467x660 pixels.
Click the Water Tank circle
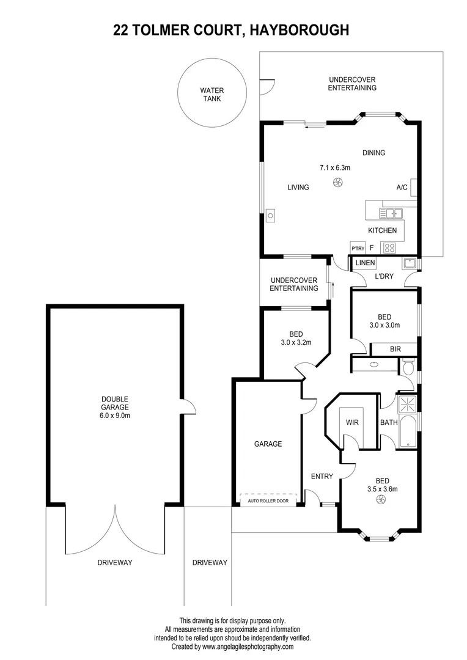pyautogui.click(x=211, y=94)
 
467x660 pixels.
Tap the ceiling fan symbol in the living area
pyautogui.click(x=337, y=182)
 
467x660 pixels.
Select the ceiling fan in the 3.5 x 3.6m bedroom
pyautogui.click(x=381, y=501)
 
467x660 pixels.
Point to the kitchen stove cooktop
pyautogui.click(x=389, y=248)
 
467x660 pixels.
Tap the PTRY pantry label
pyautogui.click(x=358, y=248)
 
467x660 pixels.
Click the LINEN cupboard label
pyautogui.click(x=365, y=263)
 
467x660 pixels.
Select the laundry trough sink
pyautogui.click(x=409, y=264)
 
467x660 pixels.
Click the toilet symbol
pyautogui.click(x=408, y=367)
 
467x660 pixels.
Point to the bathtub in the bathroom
pyautogui.click(x=408, y=431)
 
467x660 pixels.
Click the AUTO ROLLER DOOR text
pyautogui.click(x=268, y=501)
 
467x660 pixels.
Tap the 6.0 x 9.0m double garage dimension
pyautogui.click(x=116, y=416)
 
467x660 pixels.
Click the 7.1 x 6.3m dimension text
pyautogui.click(x=335, y=167)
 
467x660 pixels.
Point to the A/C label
pyautogui.click(x=402, y=188)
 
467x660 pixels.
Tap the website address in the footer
pyautogui.click(x=248, y=647)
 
